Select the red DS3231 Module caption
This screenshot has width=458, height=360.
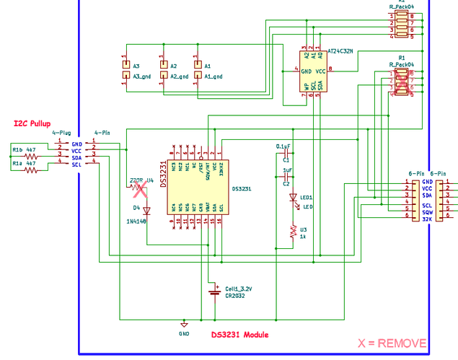[x=239, y=335]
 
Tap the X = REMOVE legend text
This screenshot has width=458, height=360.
[x=392, y=343]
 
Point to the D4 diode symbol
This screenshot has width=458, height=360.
[x=146, y=211]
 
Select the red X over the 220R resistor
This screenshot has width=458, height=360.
[x=140, y=190]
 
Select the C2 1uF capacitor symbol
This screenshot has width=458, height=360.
[x=287, y=177]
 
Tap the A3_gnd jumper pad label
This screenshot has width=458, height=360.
[x=141, y=76]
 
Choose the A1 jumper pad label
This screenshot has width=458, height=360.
[x=208, y=66]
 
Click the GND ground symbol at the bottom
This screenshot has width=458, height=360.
[x=184, y=324]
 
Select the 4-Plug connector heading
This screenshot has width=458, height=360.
[x=61, y=133]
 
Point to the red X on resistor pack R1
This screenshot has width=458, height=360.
[x=401, y=84]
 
